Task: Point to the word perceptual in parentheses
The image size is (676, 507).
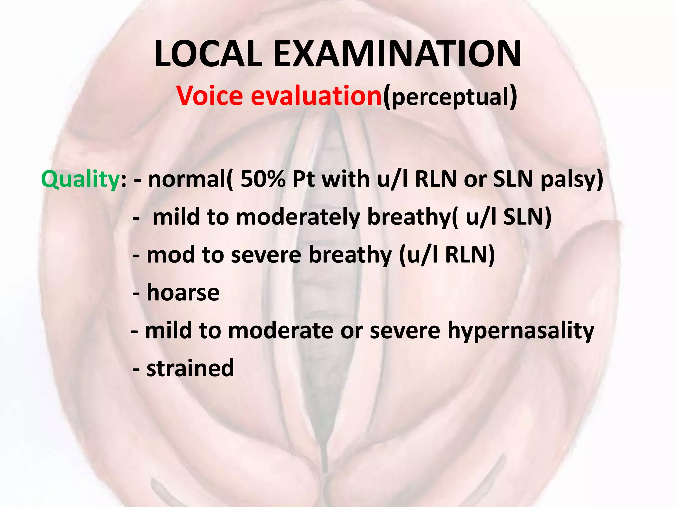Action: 450,98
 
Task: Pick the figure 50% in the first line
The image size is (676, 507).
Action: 263,179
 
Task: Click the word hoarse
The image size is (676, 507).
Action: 183,292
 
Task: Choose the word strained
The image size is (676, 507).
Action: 190,368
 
